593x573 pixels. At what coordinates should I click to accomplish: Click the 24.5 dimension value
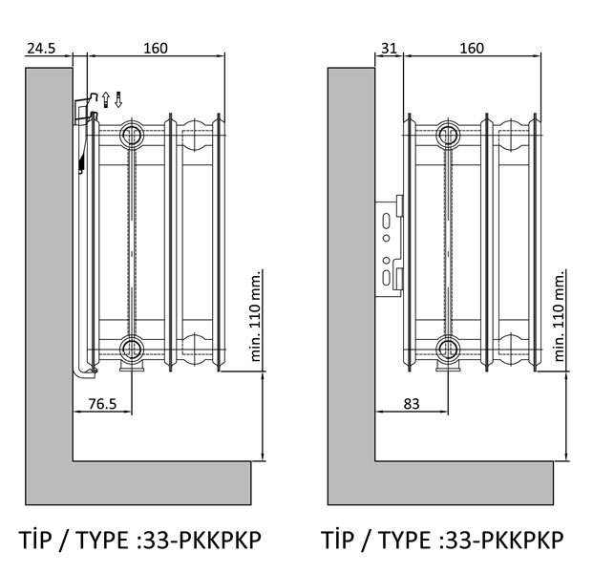coord(41,49)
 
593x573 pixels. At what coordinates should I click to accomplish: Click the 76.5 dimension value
coord(102,404)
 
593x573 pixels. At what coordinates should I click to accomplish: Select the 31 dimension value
coord(389,49)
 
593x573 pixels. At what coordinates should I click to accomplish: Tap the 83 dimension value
coord(412,404)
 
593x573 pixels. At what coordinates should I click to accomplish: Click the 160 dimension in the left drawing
coord(156,49)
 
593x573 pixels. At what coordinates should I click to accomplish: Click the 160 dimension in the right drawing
coord(472,49)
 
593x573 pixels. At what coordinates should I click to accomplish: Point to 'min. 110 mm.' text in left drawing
coord(256,316)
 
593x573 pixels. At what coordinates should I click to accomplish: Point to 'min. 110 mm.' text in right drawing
coord(559,316)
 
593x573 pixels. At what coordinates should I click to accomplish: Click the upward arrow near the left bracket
coord(106,100)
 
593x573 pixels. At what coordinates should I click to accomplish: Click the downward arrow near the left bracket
coord(118,100)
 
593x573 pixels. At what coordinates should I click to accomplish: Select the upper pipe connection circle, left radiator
coord(131,135)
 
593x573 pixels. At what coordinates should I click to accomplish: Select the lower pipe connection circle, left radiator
coord(131,348)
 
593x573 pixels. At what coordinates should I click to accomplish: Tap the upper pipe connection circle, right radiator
coord(448,135)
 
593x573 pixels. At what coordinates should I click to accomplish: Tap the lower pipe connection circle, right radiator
coord(448,348)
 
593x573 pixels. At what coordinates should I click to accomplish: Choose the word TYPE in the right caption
coord(404,540)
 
